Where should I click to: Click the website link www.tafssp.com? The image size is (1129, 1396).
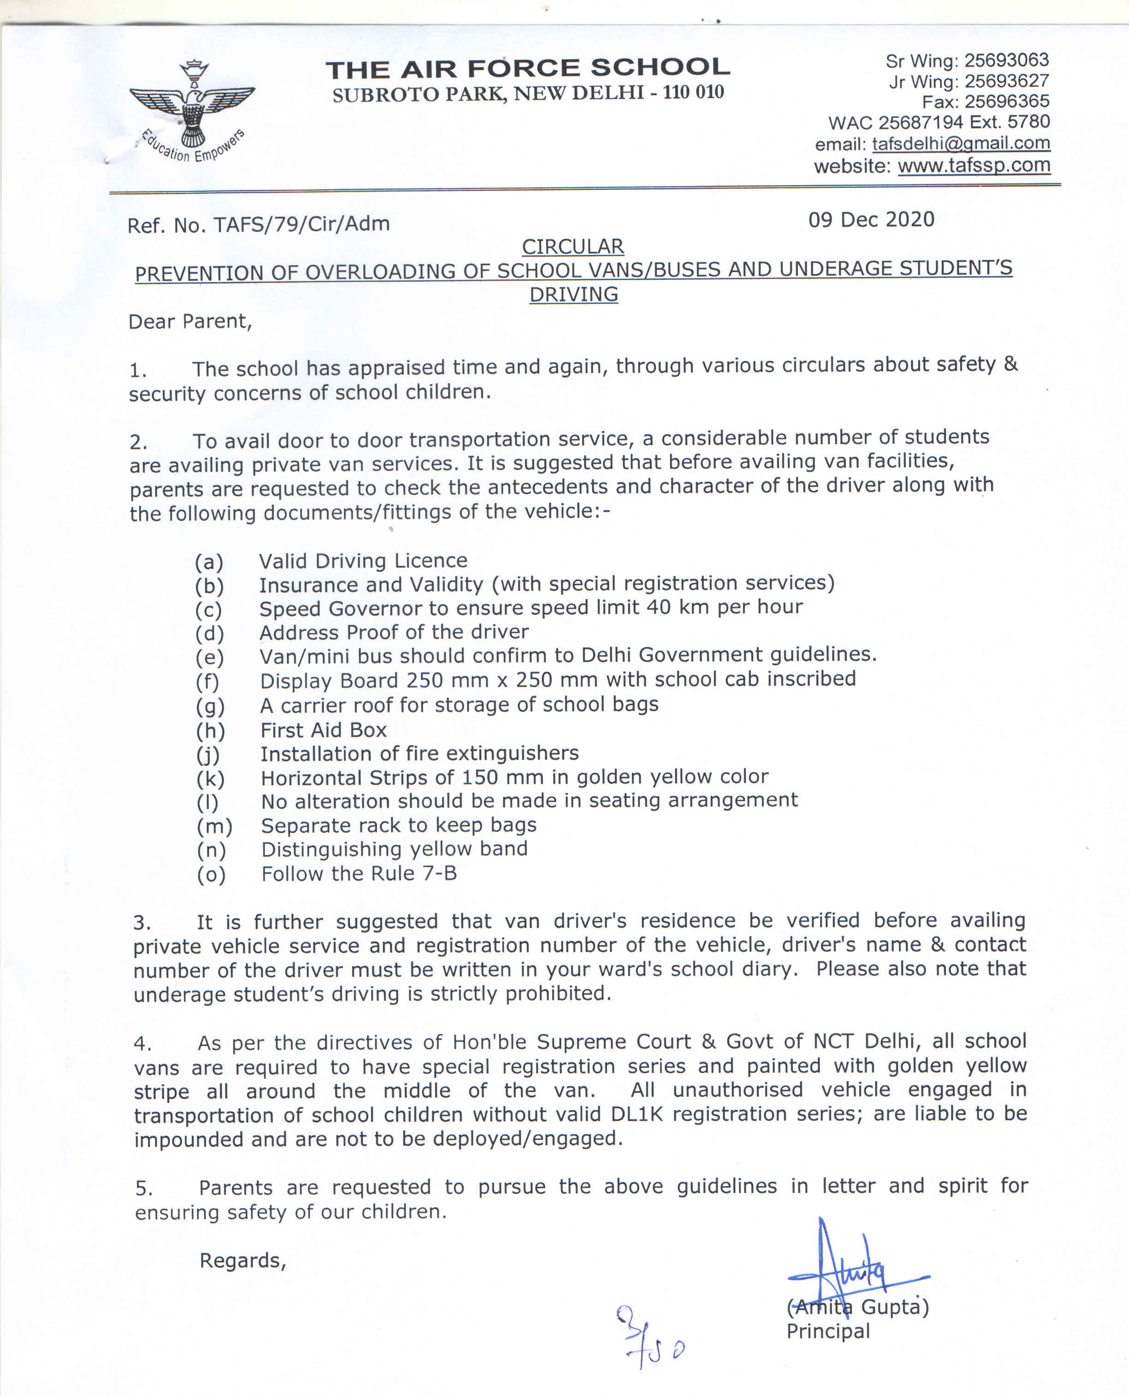974,165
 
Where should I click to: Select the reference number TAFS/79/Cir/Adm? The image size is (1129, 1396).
302,224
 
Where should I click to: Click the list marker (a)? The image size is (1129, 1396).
209,562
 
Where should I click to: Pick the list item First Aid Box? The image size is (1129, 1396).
323,730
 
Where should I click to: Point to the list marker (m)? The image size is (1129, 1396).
214,826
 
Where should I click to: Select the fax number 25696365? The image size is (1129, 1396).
1007,101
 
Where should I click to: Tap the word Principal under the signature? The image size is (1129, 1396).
828,1331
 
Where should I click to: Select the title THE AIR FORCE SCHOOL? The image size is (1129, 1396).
528,68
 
